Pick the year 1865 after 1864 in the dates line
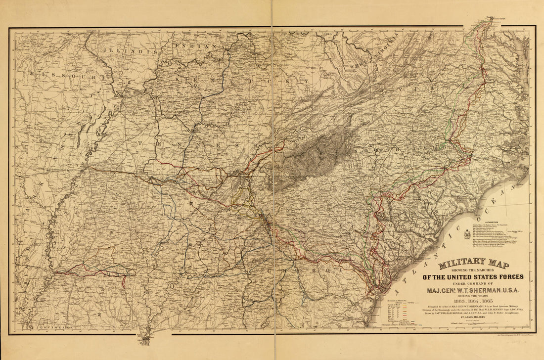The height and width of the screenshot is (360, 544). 490,302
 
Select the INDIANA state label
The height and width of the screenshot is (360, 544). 195,45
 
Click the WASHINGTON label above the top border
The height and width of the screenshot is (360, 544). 498,19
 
